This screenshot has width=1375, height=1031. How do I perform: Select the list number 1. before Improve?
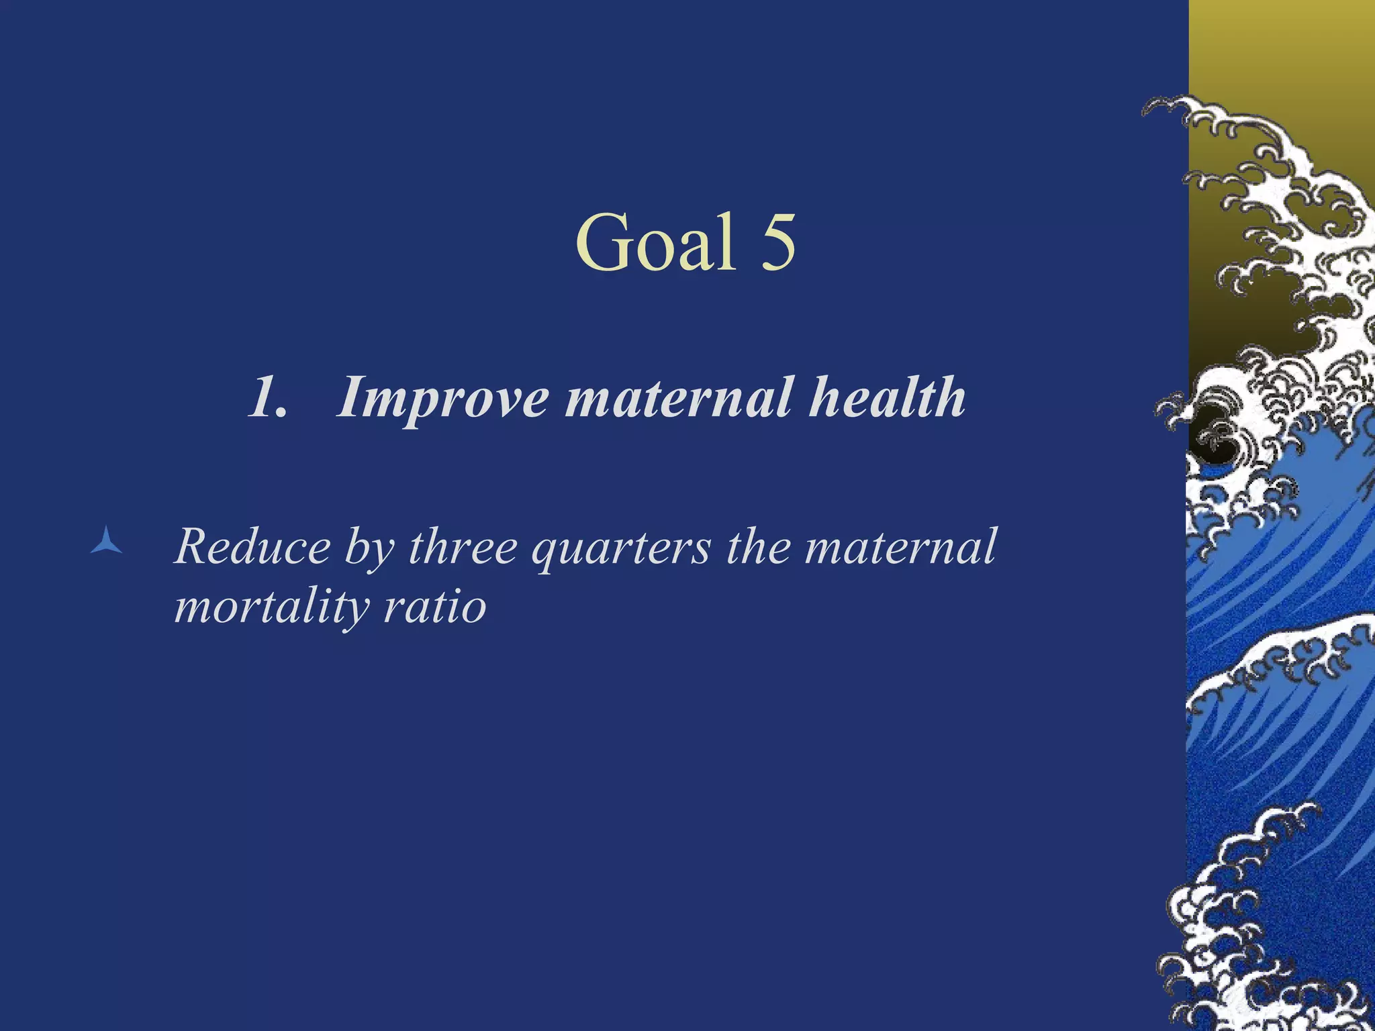(x=269, y=398)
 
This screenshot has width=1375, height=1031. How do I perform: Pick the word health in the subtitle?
(x=887, y=397)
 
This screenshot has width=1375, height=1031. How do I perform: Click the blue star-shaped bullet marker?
(x=106, y=541)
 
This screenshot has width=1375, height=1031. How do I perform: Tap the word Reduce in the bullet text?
(x=252, y=547)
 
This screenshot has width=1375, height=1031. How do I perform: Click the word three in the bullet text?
(x=463, y=547)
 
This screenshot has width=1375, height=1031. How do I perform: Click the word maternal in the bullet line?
(x=900, y=547)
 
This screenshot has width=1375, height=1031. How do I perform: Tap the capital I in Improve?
(x=350, y=398)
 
